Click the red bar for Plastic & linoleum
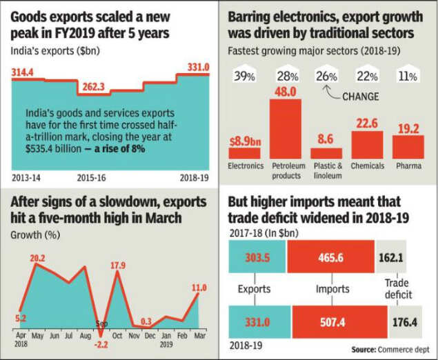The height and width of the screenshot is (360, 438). click(x=326, y=152)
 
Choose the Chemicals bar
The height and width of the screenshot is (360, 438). click(x=367, y=143)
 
